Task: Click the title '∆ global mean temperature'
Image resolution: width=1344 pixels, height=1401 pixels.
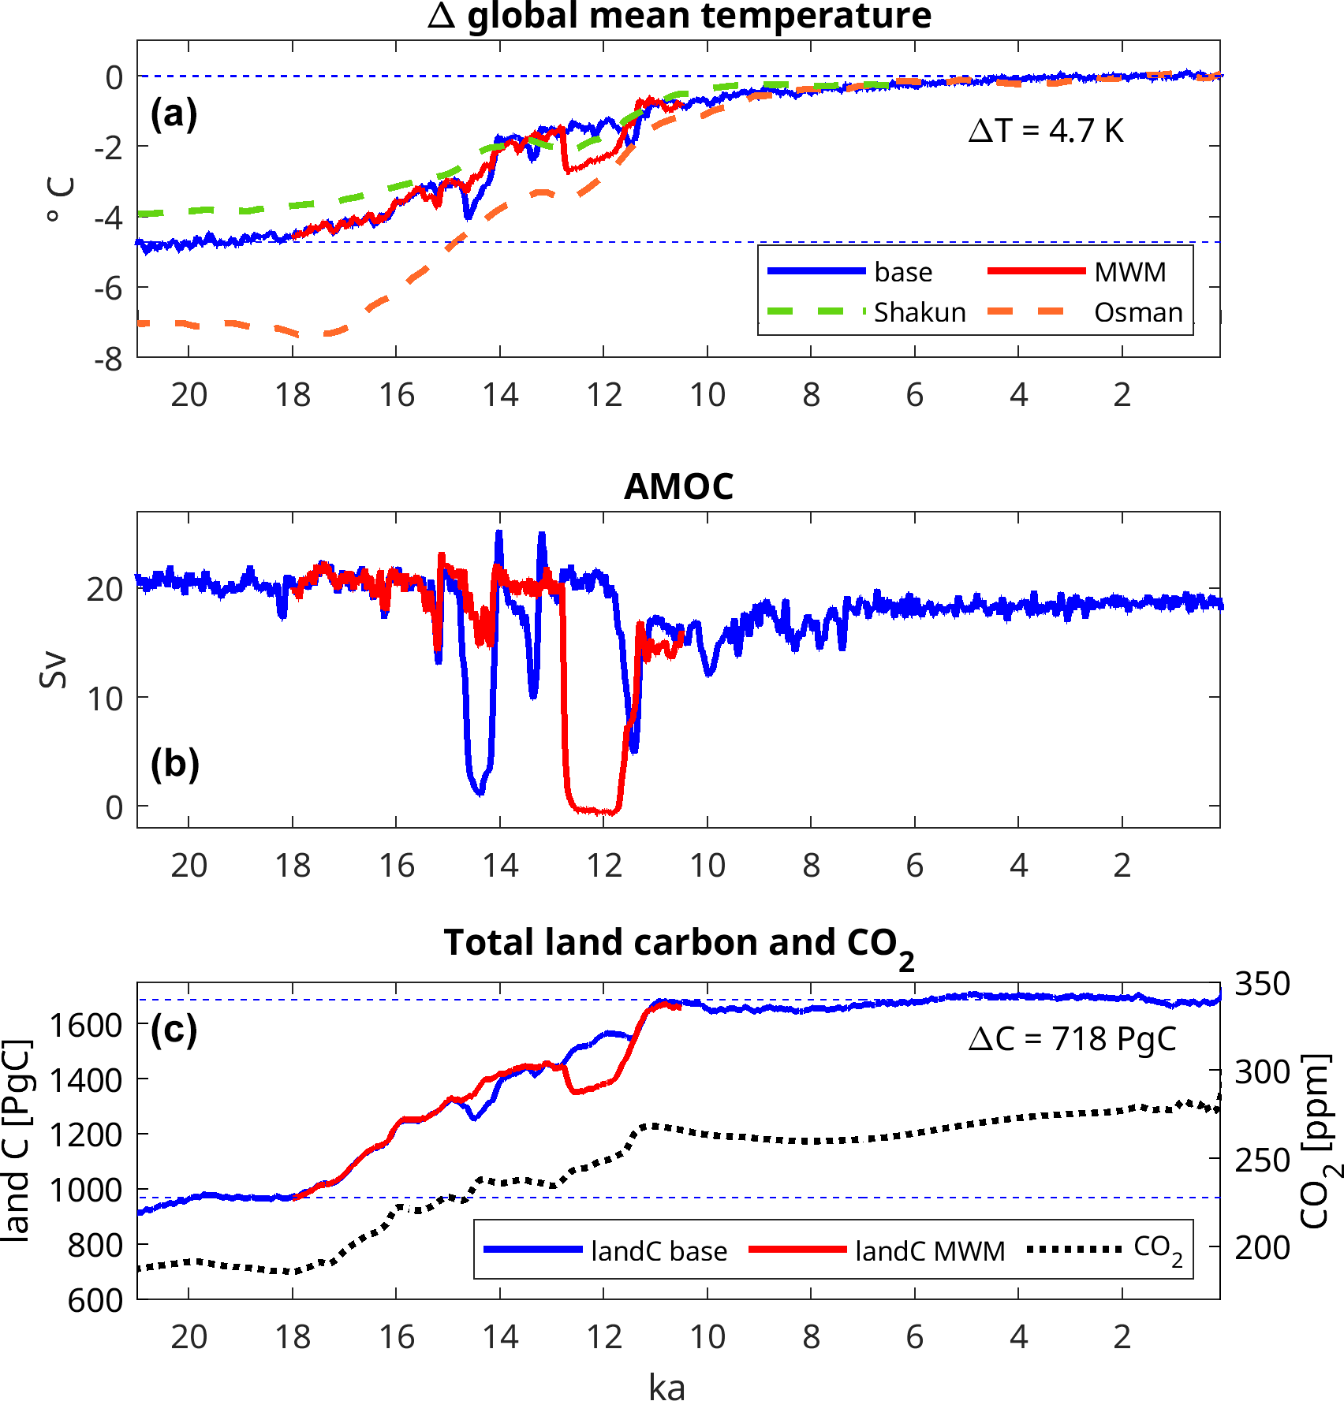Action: tap(679, 16)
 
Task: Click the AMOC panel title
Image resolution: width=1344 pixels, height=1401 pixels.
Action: tap(679, 486)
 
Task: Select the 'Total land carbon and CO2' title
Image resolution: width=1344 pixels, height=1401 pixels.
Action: tap(679, 944)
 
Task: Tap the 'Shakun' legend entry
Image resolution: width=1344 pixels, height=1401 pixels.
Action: tap(920, 312)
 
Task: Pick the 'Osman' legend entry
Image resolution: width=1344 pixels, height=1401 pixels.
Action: tap(1138, 312)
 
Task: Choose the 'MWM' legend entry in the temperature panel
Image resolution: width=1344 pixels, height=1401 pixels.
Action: tap(1129, 272)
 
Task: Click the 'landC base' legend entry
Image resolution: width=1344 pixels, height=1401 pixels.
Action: tap(659, 1251)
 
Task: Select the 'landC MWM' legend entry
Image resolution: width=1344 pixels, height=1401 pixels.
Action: tap(930, 1251)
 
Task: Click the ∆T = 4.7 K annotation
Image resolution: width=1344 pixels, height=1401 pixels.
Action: tap(1046, 131)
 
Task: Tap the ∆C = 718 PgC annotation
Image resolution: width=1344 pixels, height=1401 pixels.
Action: tap(1072, 1039)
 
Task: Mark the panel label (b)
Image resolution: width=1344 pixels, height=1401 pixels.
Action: tap(174, 763)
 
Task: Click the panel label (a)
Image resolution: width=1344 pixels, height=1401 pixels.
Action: tap(174, 114)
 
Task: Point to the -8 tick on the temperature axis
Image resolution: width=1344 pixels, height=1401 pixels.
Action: tap(108, 360)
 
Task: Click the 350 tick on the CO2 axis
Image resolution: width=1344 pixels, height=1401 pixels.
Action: tap(1262, 984)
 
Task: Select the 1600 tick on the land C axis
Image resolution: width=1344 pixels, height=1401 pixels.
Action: tap(86, 1025)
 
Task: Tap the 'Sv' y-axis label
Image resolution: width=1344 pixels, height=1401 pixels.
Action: tap(54, 671)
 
